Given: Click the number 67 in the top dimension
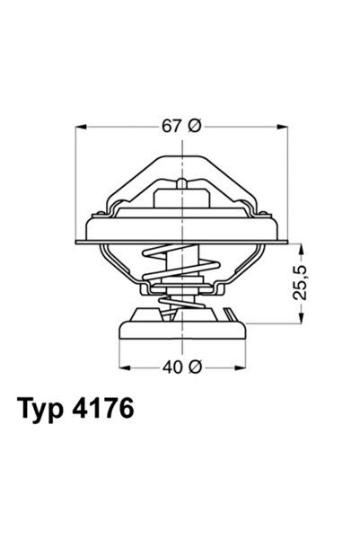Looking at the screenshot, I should point(171,126).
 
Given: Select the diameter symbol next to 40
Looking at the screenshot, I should point(195,367).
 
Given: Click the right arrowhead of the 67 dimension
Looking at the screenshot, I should point(285,126).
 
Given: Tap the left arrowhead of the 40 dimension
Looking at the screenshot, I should point(124,367).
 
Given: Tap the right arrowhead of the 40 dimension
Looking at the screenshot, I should point(241,367).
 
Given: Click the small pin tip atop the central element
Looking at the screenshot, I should point(182,183).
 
